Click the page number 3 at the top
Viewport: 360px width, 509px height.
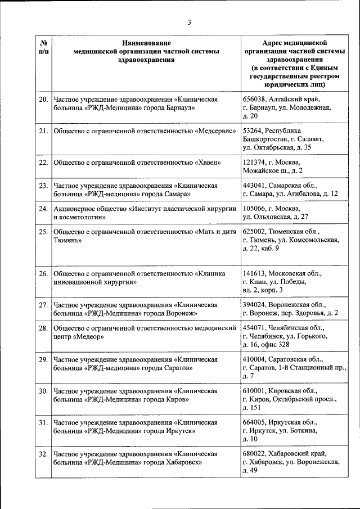pos(190,22)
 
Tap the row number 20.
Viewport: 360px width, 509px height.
pos(43,100)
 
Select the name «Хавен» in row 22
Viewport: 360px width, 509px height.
pos(207,163)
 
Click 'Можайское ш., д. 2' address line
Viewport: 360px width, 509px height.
pos(273,170)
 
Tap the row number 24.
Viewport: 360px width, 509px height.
pos(43,209)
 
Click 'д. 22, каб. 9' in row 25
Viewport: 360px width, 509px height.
pos(262,248)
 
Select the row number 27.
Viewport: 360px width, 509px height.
pos(43,304)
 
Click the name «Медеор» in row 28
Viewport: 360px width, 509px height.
pos(85,336)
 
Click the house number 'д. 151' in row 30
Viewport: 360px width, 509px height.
pos(253,407)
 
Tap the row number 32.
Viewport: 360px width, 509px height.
pos(43,453)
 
